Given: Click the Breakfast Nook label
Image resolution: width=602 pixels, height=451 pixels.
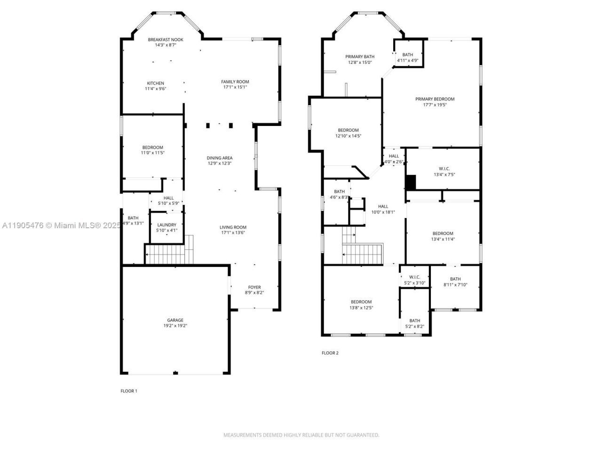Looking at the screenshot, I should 166,39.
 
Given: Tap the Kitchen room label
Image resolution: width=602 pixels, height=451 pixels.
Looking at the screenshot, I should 155,83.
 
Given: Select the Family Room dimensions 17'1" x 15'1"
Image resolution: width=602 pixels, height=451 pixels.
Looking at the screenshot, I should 235,87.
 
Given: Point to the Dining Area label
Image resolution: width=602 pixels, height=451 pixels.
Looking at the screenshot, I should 220,158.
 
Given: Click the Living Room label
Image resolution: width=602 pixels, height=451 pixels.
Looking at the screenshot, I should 233,227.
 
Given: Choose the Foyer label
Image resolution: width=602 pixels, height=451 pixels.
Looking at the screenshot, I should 254,287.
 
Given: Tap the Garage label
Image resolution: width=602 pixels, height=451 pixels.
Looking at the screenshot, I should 175,320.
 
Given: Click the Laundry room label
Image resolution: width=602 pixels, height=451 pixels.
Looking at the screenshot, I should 166,225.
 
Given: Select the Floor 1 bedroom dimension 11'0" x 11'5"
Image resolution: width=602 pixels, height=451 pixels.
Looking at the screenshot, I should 153,153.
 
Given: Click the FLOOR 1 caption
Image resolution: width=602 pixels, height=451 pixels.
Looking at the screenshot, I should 129,391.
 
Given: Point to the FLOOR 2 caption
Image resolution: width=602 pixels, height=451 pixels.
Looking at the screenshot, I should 330,353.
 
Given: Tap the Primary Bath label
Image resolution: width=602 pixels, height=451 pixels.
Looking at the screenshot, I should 360,56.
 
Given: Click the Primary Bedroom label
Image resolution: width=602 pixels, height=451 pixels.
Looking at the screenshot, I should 435,99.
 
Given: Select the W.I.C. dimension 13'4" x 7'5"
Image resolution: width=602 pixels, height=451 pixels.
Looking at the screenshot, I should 444,174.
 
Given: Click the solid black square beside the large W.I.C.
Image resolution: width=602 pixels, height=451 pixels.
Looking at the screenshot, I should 411,182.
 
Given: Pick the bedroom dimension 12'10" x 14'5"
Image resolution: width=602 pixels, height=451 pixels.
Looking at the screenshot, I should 348,136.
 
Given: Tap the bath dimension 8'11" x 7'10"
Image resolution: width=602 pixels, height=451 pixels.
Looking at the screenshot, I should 455,285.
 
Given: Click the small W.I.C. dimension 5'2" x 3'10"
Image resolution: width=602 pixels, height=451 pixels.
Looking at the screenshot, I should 414,283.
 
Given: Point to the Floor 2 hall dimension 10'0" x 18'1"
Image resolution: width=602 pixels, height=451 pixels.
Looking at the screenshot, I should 383,212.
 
